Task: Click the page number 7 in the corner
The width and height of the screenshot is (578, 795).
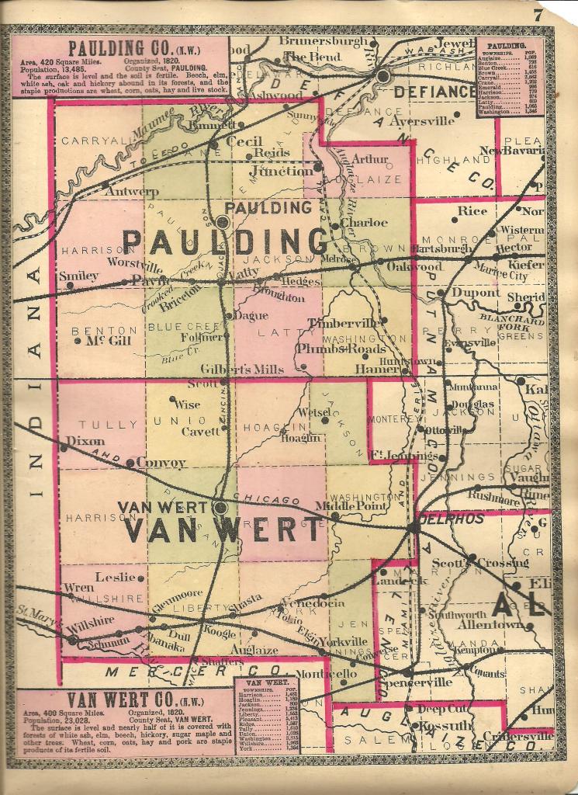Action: point(559,12)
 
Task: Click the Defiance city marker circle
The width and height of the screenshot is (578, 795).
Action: point(382,75)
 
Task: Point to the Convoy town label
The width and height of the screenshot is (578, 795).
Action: point(161,463)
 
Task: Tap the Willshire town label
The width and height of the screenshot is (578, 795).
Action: point(90,622)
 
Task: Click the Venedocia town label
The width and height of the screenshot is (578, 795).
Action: point(313,602)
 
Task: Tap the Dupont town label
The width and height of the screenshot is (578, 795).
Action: point(476,293)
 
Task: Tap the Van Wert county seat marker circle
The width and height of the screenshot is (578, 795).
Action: point(220,508)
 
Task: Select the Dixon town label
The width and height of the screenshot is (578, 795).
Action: point(85,440)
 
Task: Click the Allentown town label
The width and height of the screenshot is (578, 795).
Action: point(490,624)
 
